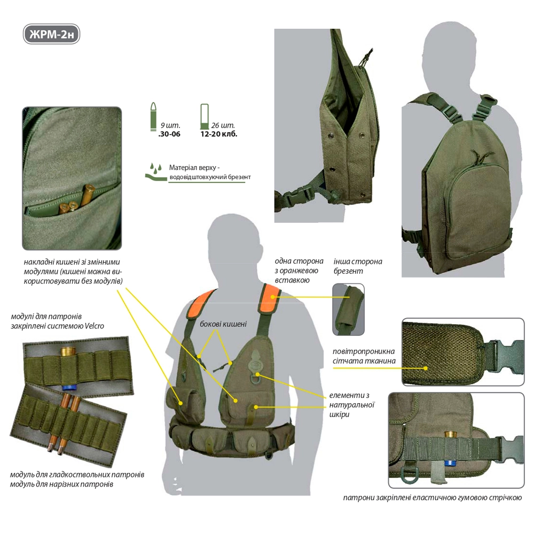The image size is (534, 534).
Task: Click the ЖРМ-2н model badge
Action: (51, 34)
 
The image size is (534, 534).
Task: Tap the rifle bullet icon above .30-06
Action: (153, 116)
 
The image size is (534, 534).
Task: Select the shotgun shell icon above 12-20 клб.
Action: (205, 116)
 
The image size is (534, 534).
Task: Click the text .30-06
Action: (169, 134)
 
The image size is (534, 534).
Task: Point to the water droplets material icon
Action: (155, 171)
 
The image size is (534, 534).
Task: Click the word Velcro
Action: (95, 326)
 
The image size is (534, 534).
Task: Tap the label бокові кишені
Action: (223, 324)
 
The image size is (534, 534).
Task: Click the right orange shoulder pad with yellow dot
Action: (271, 296)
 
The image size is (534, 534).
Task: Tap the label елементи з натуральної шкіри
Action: (352, 405)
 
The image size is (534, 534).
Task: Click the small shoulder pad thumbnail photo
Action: (348, 309)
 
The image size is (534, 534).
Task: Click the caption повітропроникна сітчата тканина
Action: (364, 356)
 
